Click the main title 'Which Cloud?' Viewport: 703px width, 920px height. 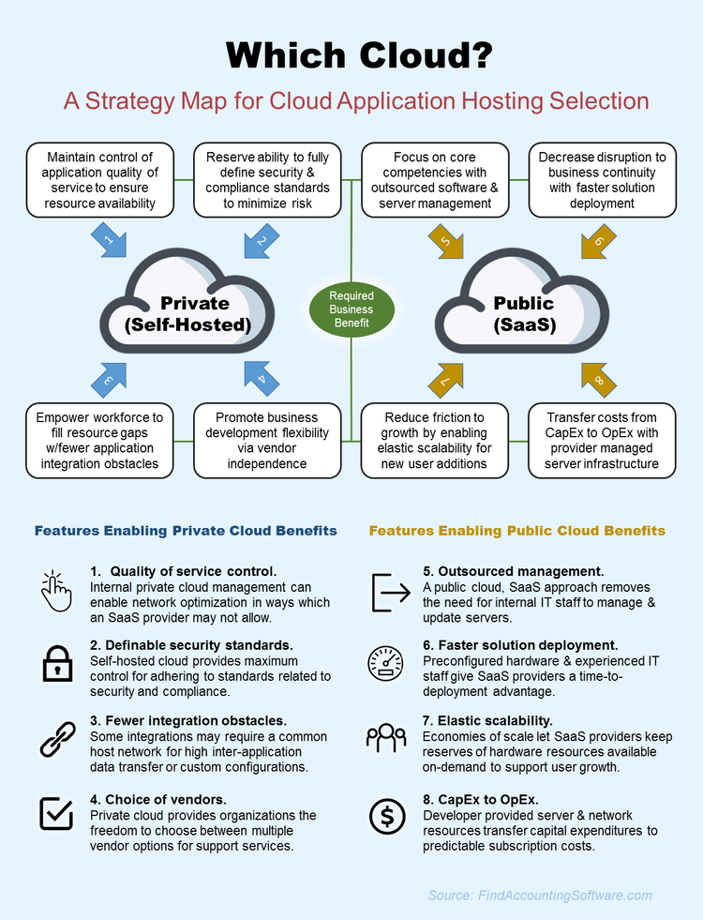coord(359,55)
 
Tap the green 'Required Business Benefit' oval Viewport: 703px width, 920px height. coord(351,309)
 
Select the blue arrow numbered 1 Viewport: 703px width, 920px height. coord(109,239)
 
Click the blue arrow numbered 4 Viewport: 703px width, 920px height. coord(262,379)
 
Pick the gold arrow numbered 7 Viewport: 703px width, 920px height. coord(445,381)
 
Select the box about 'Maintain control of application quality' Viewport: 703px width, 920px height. coord(100,180)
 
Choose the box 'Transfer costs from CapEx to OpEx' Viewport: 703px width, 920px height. coord(602,441)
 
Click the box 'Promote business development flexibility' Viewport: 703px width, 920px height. coord(267,441)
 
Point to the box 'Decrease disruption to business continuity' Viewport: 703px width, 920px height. coord(602,180)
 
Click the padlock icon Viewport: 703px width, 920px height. coord(57,664)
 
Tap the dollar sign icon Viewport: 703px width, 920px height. coord(387,816)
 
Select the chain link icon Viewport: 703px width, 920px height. coord(57,739)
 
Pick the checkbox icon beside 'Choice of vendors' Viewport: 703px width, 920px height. coord(56,814)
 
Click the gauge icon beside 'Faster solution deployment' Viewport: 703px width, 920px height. coord(385,664)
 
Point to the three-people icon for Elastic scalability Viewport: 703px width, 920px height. coord(386,737)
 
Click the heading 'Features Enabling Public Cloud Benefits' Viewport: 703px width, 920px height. coord(517,531)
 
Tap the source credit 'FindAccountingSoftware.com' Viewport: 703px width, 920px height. coord(564,896)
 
